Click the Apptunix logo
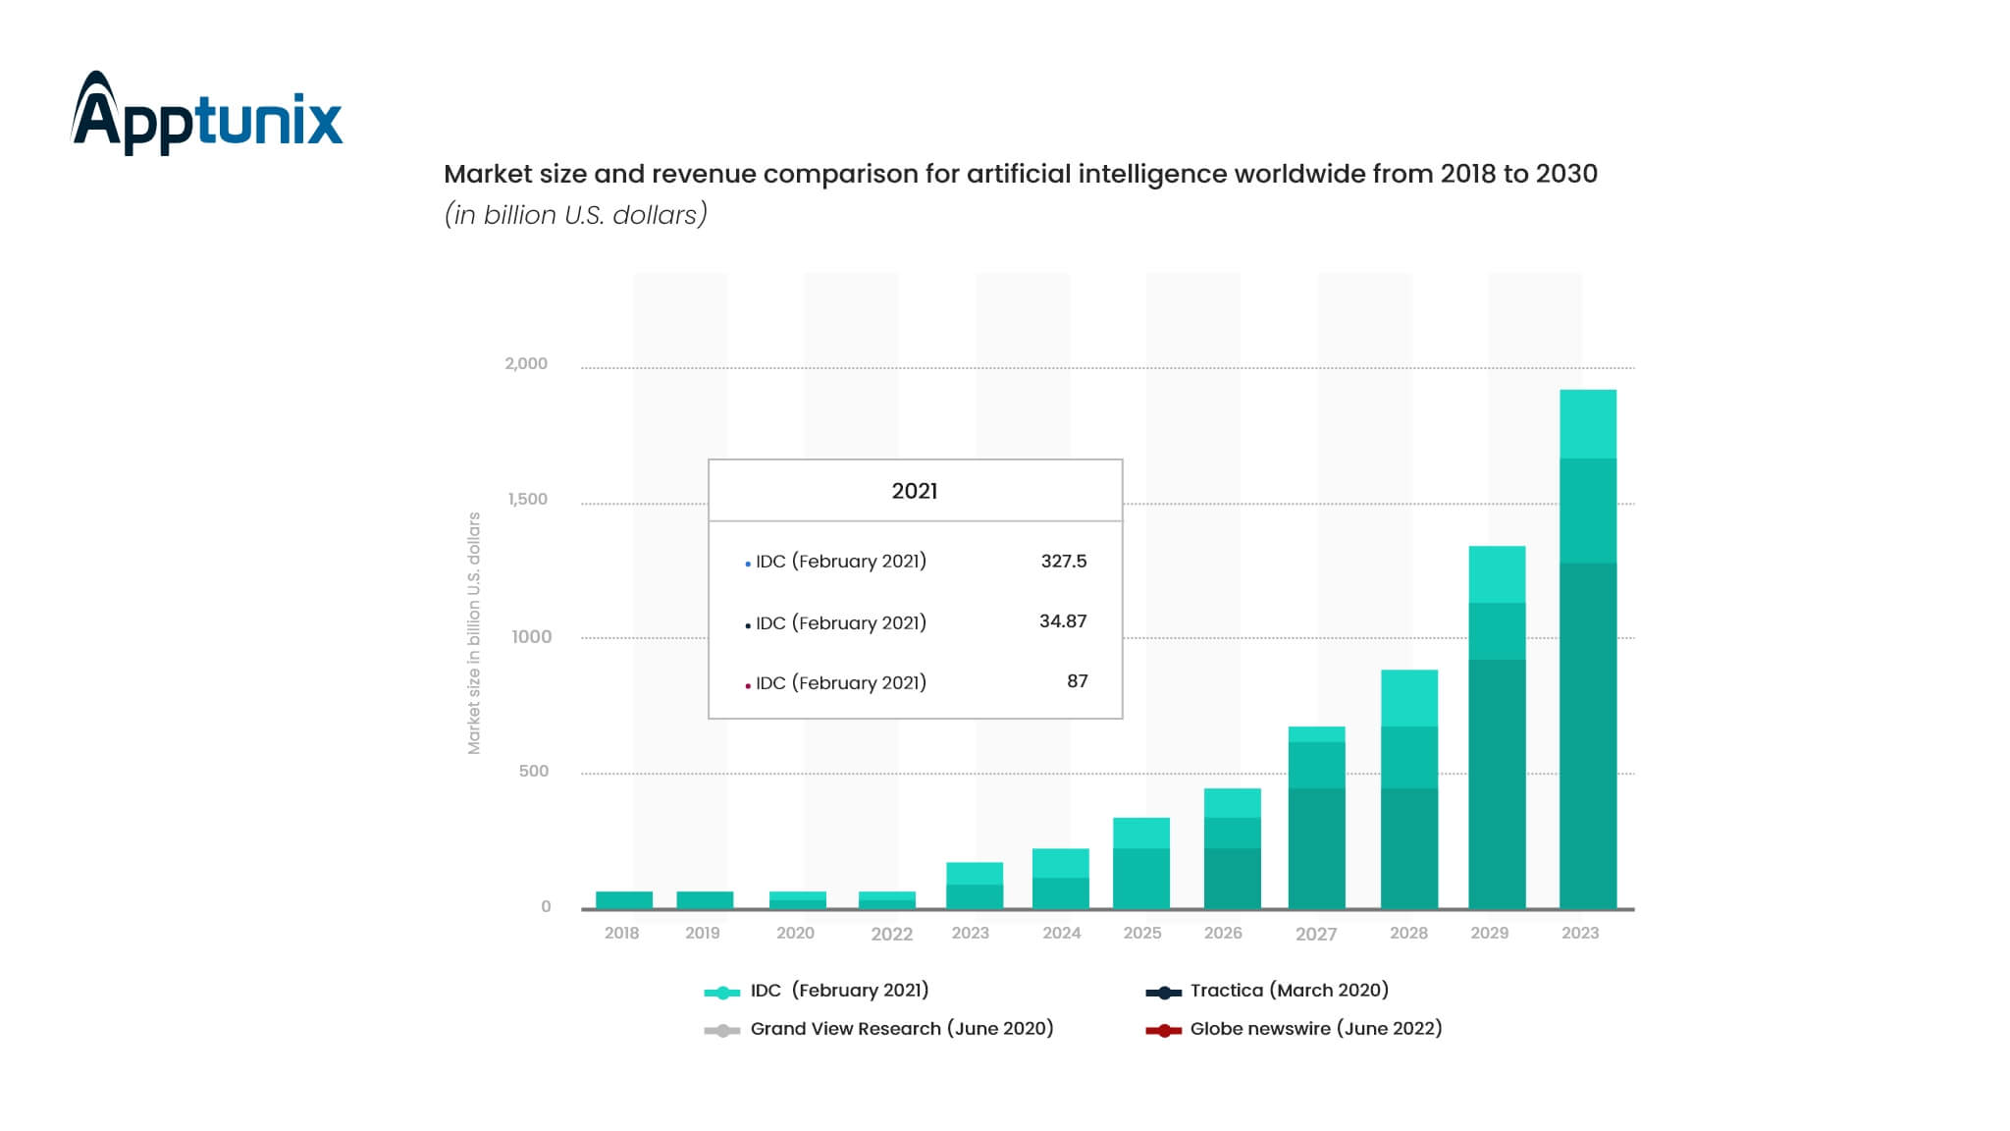point(207,113)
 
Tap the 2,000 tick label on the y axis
point(526,363)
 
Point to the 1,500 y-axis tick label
point(527,499)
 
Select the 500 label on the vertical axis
point(533,771)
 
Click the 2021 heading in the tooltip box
point(914,491)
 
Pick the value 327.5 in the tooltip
point(1063,561)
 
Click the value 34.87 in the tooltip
point(1062,620)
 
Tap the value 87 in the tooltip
point(1077,680)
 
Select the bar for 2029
point(1496,727)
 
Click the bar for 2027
point(1315,817)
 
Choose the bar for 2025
point(1140,863)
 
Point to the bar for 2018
point(623,899)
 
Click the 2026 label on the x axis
point(1223,933)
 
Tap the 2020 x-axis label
point(795,933)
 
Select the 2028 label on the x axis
point(1408,933)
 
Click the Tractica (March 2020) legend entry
point(1288,990)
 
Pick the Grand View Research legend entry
point(900,1028)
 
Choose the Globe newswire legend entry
point(1314,1028)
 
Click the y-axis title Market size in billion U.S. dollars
point(474,633)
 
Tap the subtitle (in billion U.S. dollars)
point(576,214)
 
